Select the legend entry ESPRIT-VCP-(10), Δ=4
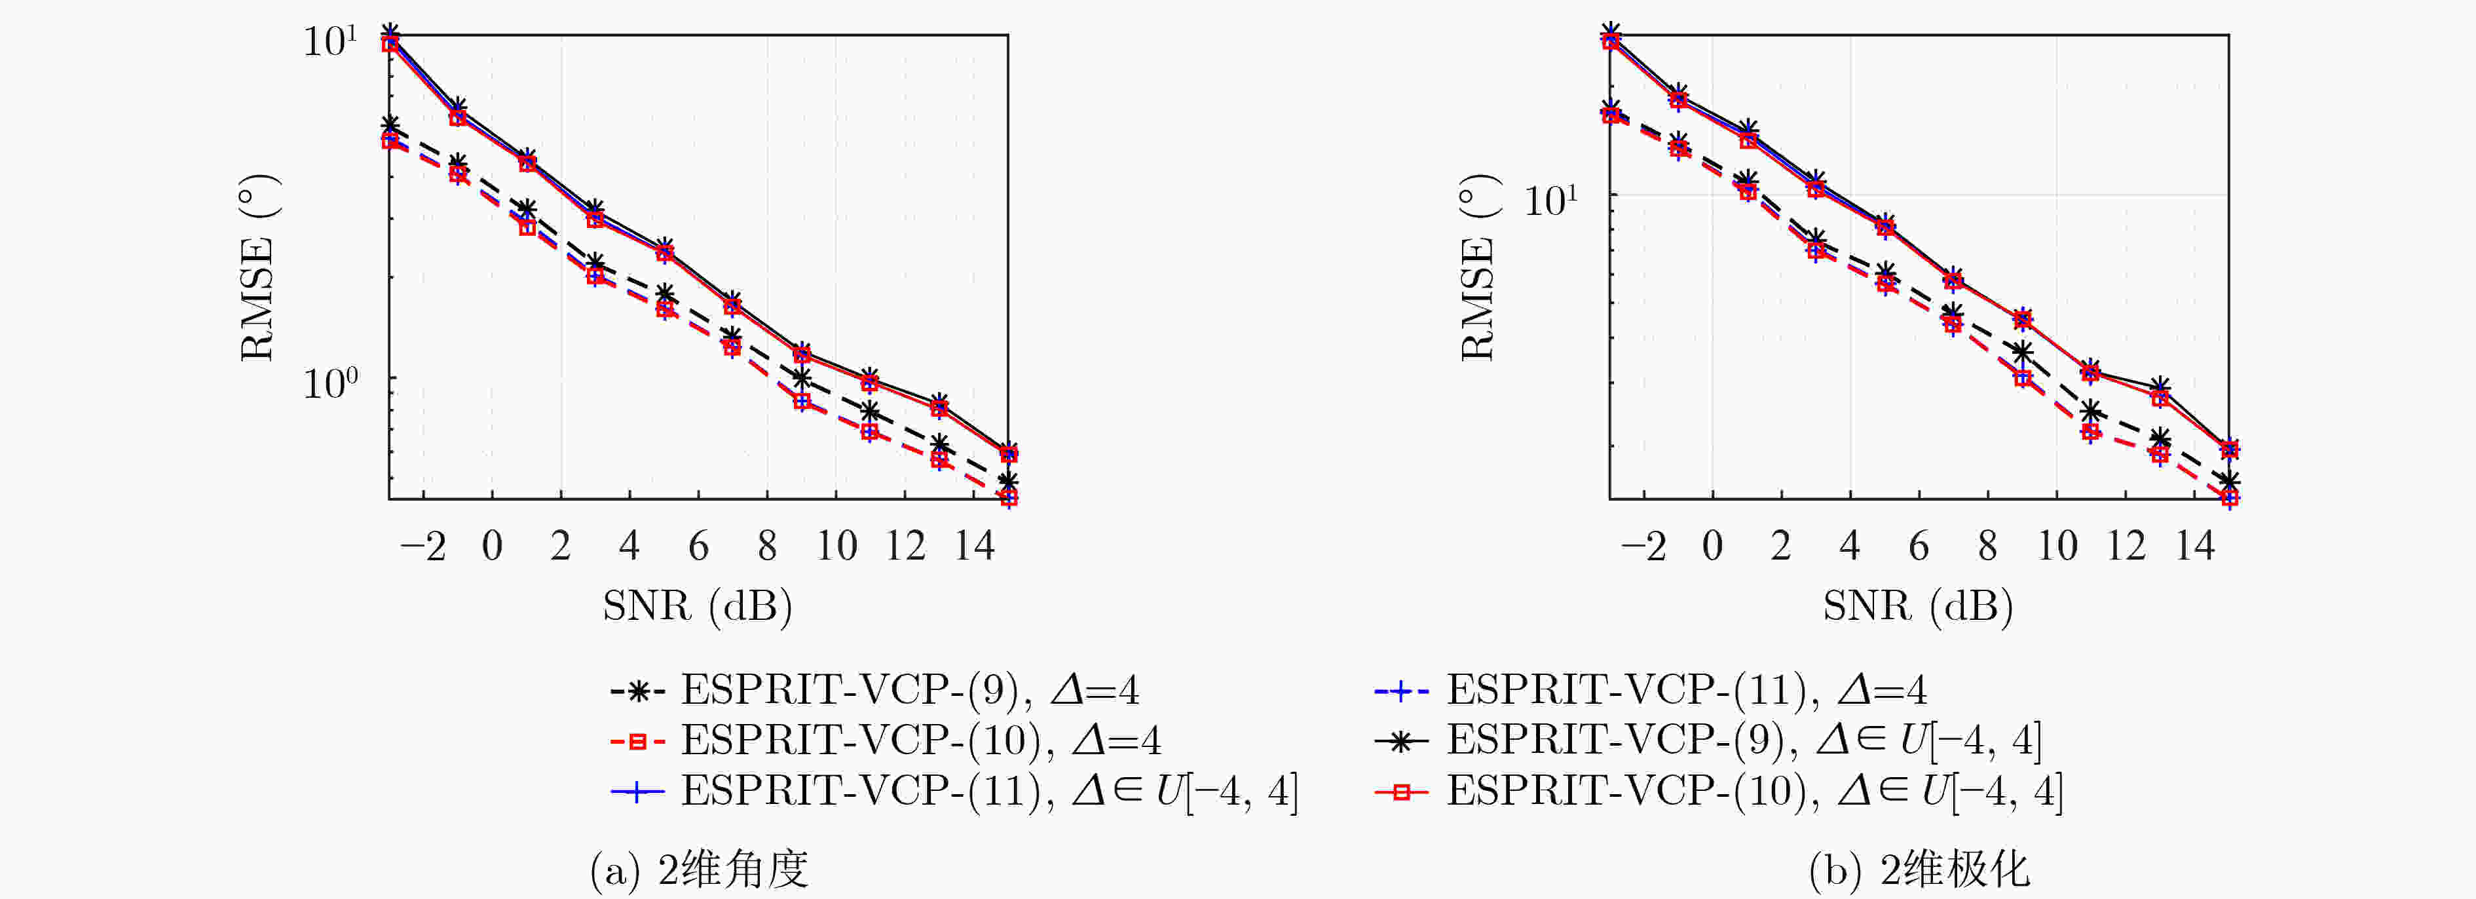tap(885, 740)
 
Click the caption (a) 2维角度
tap(699, 870)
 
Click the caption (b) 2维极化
tap(1919, 870)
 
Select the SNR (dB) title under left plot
tap(698, 605)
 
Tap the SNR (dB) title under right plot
tap(1919, 605)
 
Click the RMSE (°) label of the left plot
tap(257, 267)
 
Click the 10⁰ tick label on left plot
tap(329, 383)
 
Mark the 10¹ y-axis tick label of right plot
tap(1550, 200)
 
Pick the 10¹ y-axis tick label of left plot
tap(329, 41)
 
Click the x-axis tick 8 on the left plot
tap(767, 546)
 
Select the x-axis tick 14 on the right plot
tap(2196, 546)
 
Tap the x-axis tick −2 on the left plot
tap(423, 546)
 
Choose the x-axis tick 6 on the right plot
tap(1919, 546)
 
